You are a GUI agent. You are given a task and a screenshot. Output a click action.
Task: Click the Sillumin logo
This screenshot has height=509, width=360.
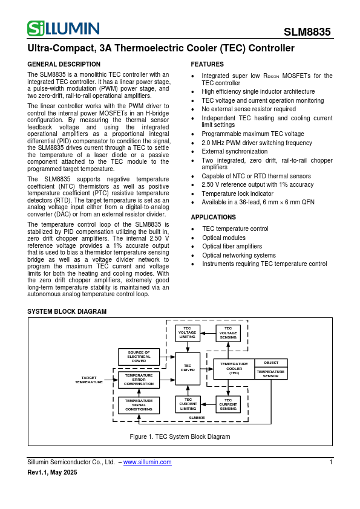pos(64,28)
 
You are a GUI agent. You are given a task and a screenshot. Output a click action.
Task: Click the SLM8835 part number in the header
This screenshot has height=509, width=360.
pos(307,33)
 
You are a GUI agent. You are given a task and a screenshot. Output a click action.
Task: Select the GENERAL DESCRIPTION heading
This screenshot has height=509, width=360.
pos(64,64)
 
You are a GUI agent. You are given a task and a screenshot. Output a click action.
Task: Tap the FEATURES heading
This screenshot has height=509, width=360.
pos(207,64)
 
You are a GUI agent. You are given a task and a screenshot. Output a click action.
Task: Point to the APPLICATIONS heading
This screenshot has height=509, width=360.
pos(213,217)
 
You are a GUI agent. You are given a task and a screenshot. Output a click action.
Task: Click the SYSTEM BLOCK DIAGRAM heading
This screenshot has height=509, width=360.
pos(67,311)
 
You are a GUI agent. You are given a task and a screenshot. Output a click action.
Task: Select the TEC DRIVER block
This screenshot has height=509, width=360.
pos(188,368)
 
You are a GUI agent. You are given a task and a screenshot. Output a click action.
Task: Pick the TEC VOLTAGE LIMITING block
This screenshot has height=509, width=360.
pos(188,333)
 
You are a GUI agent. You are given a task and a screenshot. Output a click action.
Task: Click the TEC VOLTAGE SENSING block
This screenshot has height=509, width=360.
pos(228,333)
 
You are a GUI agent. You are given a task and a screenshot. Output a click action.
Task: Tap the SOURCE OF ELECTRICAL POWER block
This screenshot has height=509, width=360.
pos(139,357)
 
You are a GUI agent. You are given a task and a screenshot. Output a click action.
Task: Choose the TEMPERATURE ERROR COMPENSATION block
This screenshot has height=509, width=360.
pos(139,380)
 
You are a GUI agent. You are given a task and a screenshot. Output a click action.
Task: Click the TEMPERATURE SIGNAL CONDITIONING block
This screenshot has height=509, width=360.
pos(139,405)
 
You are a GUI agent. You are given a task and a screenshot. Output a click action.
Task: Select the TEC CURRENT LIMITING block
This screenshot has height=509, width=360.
pos(188,404)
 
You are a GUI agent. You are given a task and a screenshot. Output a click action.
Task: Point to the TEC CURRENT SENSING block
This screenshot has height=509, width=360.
pos(228,404)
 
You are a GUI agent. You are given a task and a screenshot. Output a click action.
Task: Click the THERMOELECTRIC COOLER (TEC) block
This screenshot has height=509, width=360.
pos(234,369)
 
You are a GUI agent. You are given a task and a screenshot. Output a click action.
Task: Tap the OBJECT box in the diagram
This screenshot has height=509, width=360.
pos(271,363)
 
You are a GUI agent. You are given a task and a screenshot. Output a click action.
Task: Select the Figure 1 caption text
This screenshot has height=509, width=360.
pos(180,436)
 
